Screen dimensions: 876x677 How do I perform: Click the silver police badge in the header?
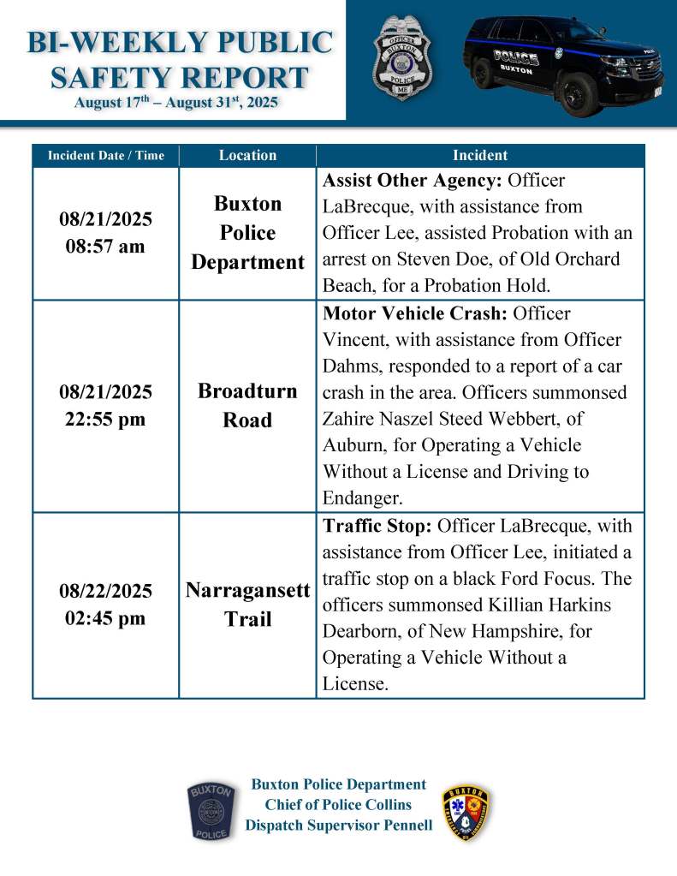[401, 58]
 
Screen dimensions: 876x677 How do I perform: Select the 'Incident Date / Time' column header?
[105, 156]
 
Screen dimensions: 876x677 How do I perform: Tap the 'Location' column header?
[247, 156]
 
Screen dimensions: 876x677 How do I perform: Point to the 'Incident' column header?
[479, 156]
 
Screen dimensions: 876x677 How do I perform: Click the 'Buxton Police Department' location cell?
[247, 233]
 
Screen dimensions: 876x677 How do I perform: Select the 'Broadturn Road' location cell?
[247, 406]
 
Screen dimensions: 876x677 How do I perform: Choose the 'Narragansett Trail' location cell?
[247, 605]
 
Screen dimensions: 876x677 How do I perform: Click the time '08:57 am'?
[105, 247]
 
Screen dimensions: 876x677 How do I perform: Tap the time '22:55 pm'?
[105, 420]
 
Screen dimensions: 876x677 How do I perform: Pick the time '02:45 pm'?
[105, 619]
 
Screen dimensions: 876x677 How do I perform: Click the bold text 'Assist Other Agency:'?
[413, 182]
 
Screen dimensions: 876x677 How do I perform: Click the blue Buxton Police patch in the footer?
[210, 810]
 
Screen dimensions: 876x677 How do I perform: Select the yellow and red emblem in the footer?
[466, 813]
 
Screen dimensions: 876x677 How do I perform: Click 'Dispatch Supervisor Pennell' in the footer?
[339, 825]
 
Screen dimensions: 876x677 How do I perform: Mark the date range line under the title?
[176, 103]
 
